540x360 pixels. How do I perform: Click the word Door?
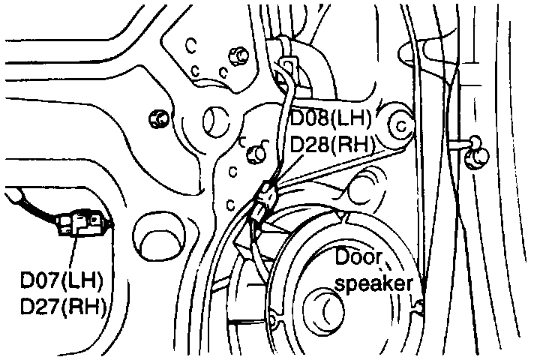click(x=359, y=259)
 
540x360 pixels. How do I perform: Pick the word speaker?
click(x=373, y=284)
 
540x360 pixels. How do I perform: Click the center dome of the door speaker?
click(x=331, y=307)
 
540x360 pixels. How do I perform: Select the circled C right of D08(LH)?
click(x=400, y=126)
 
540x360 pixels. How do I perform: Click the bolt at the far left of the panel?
click(x=158, y=118)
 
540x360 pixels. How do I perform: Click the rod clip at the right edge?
click(x=475, y=156)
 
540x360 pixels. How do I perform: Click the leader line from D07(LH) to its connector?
click(x=73, y=251)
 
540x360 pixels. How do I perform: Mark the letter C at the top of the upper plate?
click(x=192, y=45)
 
